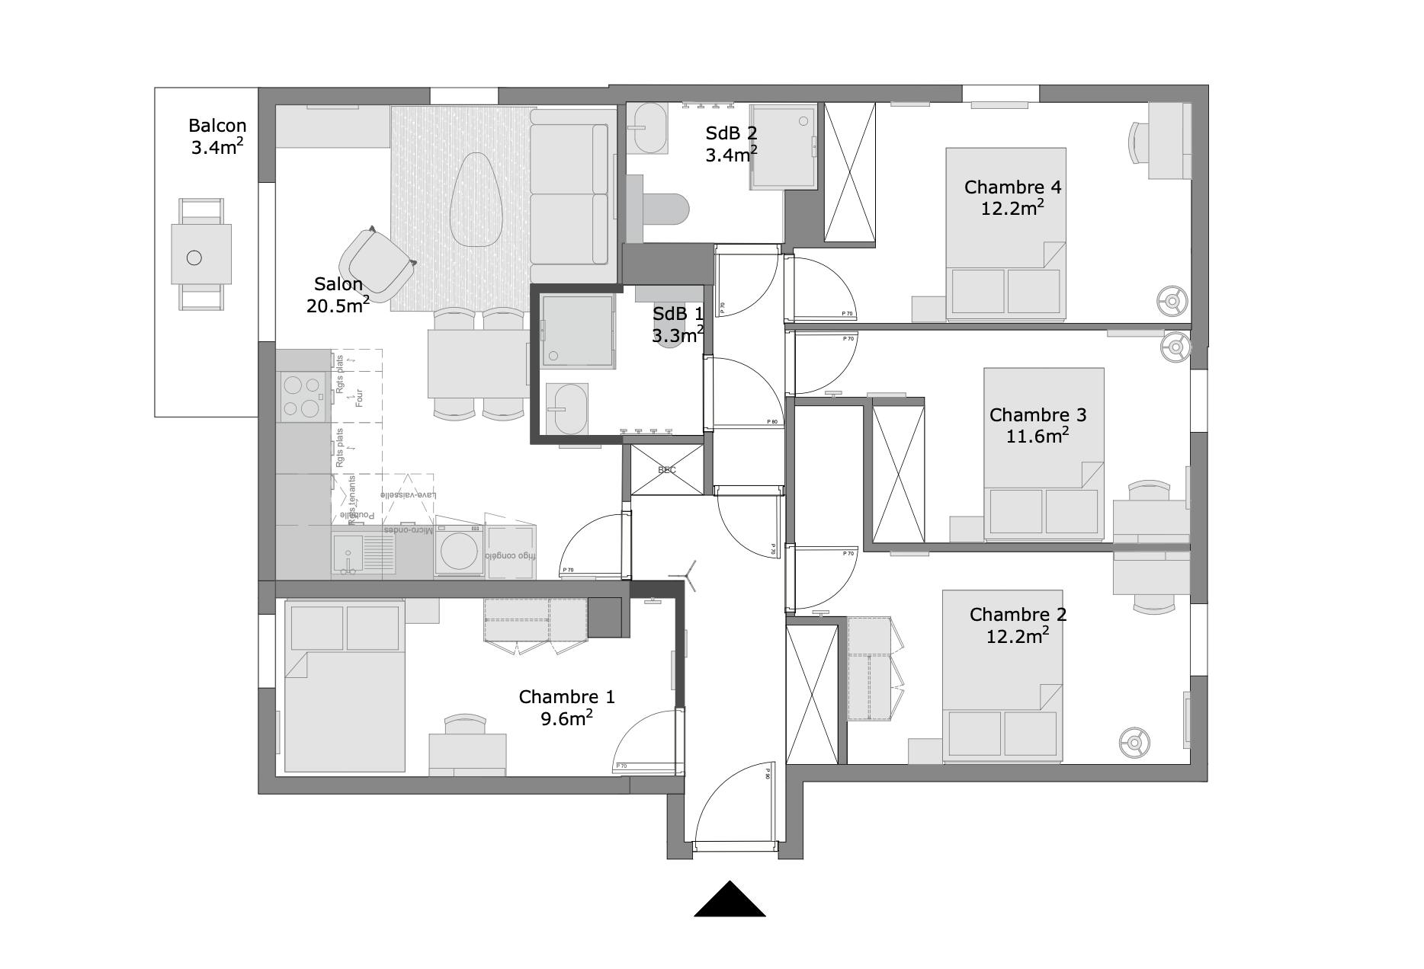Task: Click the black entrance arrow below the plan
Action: [730, 900]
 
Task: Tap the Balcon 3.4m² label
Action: [217, 136]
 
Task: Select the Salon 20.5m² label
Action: [338, 295]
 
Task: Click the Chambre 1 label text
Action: [566, 707]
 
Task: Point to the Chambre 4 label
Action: [1012, 197]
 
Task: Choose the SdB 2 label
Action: [731, 144]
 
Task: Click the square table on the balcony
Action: [201, 254]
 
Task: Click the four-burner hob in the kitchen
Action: [302, 396]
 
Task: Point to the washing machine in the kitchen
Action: [459, 550]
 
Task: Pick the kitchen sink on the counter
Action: [348, 553]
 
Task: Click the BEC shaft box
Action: [667, 469]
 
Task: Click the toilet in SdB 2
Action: [665, 209]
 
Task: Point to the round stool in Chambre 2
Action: [1134, 742]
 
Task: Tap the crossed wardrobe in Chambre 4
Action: [850, 173]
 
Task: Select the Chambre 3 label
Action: [1038, 425]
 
